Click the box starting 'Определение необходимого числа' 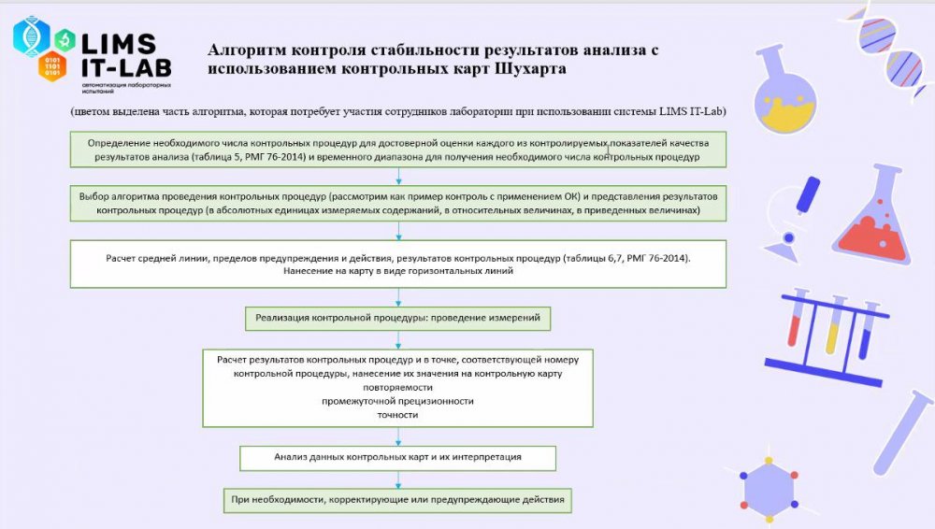[x=399, y=150]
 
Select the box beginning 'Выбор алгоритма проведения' [x=399, y=205]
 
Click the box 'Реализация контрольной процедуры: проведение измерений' [x=398, y=319]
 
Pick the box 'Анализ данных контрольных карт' [x=398, y=458]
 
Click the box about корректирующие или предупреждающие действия [x=398, y=500]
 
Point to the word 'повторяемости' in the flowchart [x=398, y=386]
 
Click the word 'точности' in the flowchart [x=398, y=415]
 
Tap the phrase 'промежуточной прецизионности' [x=398, y=401]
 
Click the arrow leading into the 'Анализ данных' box [x=399, y=437]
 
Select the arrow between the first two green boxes [x=399, y=178]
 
